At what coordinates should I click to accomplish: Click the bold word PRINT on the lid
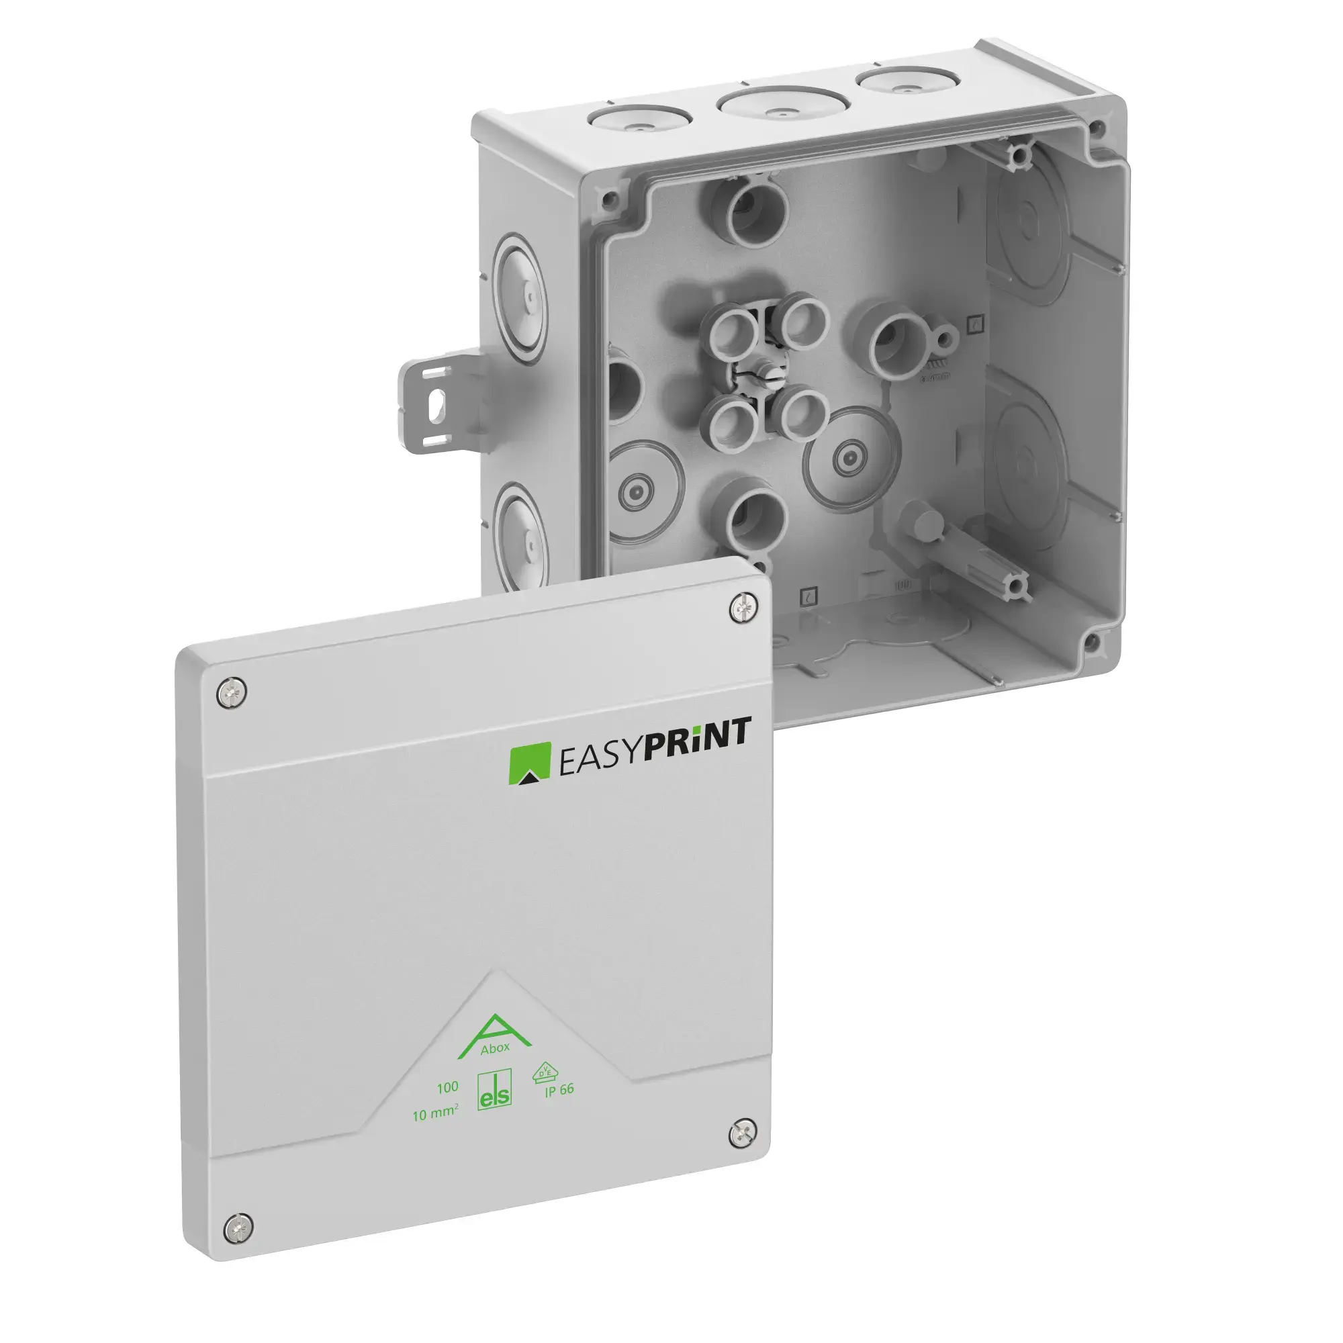pos(697,752)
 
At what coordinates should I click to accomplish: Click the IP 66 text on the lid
pos(559,1090)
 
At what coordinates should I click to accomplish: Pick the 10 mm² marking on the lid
pos(434,1113)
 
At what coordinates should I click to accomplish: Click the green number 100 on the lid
pos(447,1087)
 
